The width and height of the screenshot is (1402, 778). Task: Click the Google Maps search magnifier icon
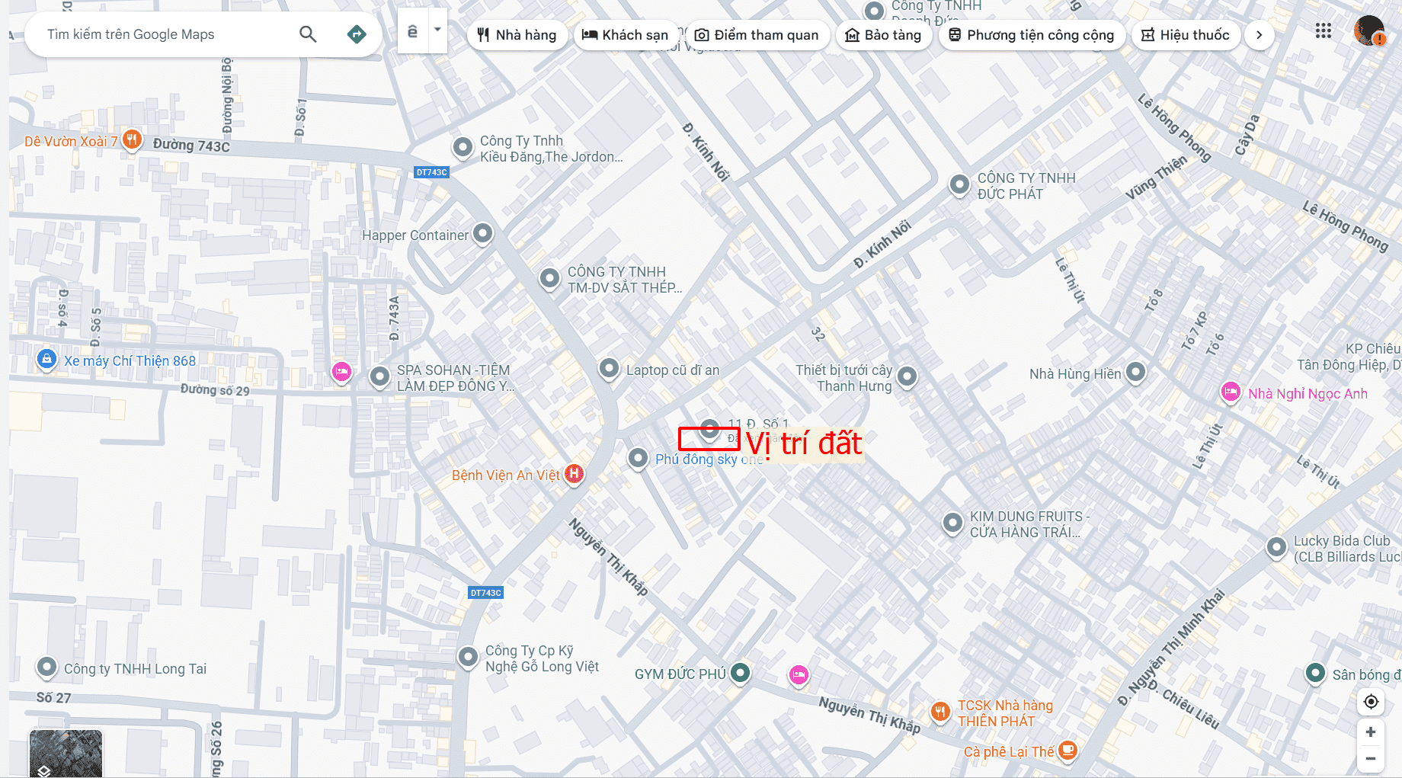coord(308,34)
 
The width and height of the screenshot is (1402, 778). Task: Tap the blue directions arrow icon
coord(356,34)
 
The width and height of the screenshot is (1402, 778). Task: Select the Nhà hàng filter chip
coord(517,35)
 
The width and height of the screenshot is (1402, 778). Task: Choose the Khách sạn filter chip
coord(625,35)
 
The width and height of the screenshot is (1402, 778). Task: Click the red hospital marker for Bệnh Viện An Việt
coord(574,474)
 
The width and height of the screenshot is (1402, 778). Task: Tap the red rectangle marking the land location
coord(709,438)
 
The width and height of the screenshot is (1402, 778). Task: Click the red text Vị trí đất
coord(804,443)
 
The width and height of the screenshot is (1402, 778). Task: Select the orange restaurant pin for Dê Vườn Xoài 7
coord(132,139)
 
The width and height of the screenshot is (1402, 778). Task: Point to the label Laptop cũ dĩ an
coord(672,370)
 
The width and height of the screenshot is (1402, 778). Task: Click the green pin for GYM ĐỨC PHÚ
coord(740,672)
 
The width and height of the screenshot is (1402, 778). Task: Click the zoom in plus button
coord(1370,732)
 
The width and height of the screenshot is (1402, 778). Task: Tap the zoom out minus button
coord(1370,758)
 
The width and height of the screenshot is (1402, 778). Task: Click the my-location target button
coord(1371,702)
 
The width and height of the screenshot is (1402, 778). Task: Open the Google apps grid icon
coord(1324,31)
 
